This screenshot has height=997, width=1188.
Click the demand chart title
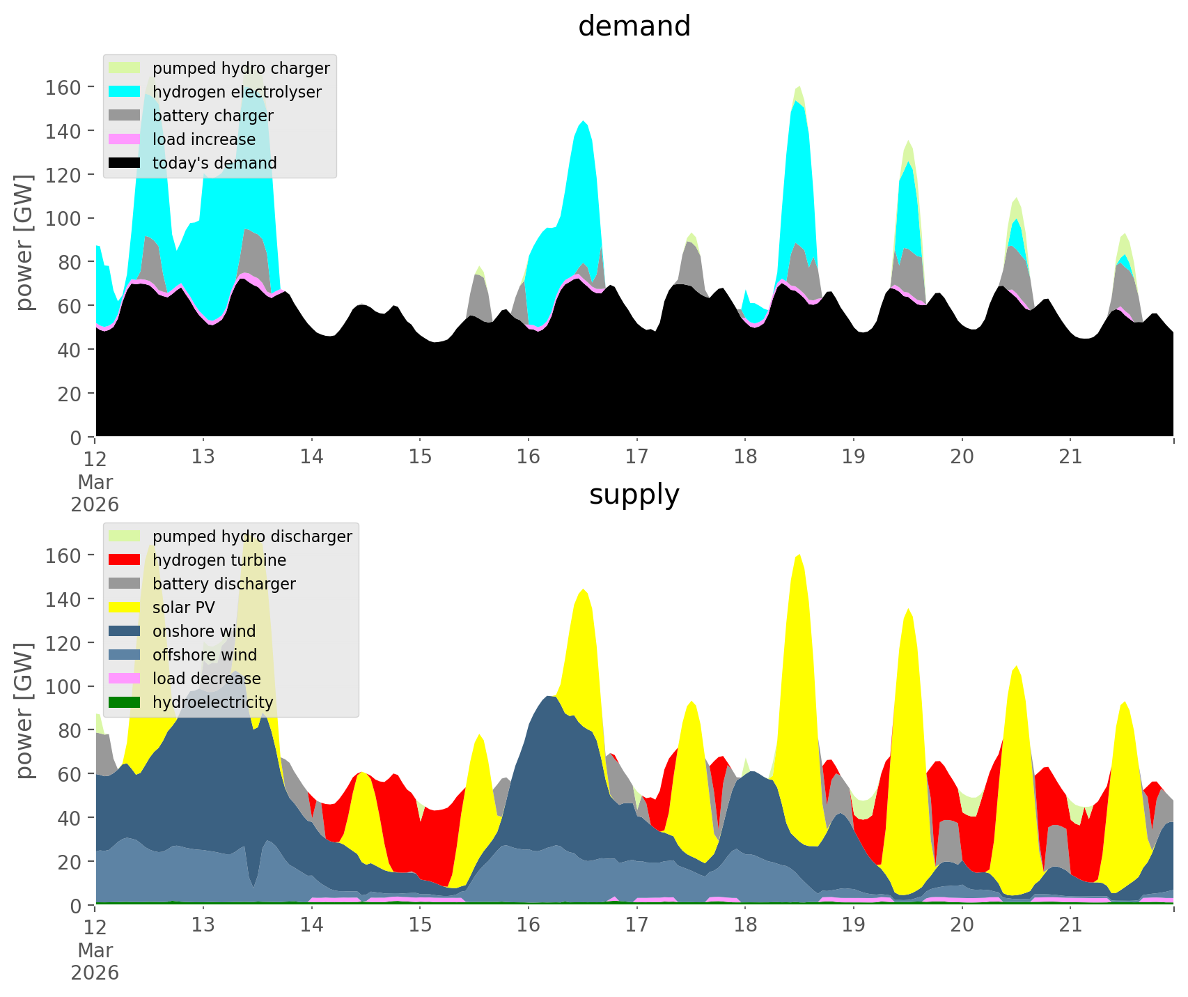pos(634,26)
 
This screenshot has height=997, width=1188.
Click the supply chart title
pos(634,495)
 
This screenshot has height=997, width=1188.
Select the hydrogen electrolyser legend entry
pos(237,92)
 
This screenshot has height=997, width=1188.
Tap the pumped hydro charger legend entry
pos(241,68)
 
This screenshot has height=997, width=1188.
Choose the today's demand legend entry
pos(214,163)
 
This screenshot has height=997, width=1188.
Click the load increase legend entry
pos(204,139)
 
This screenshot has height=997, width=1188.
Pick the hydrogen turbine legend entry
pos(219,560)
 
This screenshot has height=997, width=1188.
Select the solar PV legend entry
pos(184,608)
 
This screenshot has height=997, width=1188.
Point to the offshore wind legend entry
pos(205,655)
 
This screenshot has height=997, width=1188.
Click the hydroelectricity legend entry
pos(212,702)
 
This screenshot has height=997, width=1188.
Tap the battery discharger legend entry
pos(224,584)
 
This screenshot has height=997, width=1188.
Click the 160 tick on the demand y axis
pos(62,87)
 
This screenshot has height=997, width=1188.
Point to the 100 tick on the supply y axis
pos(62,686)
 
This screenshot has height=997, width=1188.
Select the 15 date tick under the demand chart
pos(420,457)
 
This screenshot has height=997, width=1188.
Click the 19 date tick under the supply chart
pos(853,925)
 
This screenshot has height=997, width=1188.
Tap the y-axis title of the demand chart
pos(24,242)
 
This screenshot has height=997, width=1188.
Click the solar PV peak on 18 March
pos(798,557)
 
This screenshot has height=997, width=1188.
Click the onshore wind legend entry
pos(204,631)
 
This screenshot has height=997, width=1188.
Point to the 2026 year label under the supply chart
pos(95,973)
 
